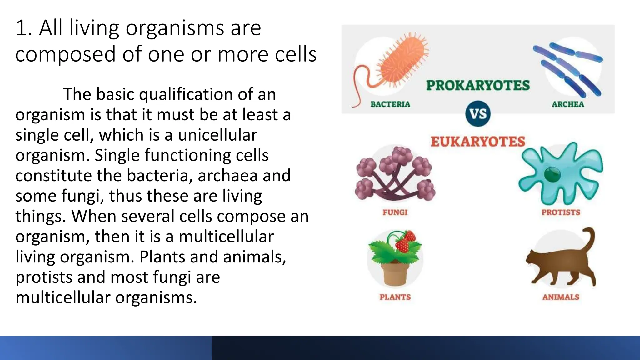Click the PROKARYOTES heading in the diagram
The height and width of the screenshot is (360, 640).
(478, 85)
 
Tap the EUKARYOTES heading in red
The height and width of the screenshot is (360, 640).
(478, 142)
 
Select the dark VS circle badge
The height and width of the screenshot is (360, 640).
(478, 114)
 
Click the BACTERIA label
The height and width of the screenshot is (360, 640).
(390, 104)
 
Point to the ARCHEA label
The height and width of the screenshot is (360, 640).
(567, 104)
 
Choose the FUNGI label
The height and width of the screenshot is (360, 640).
(395, 212)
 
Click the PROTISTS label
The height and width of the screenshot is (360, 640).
(561, 212)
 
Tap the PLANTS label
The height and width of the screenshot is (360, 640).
(395, 297)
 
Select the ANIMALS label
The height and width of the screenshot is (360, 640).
(561, 297)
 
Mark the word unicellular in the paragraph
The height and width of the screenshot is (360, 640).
(217, 135)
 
